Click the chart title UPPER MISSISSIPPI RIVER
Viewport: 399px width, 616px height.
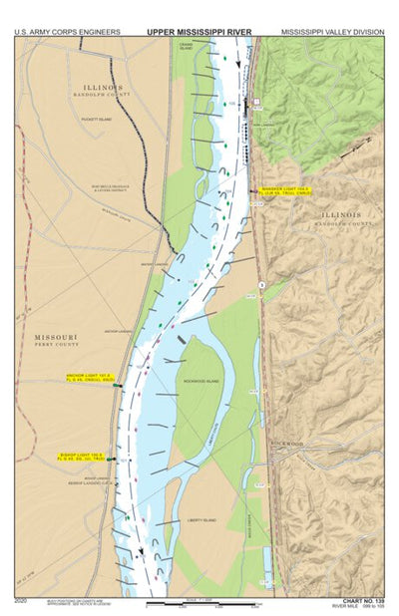coord(199,32)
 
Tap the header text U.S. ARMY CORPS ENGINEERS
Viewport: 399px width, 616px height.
coord(67,32)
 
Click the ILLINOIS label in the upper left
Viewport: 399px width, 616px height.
coord(104,88)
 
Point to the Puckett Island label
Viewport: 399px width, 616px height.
coord(97,121)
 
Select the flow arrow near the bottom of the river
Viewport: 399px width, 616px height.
coord(142,550)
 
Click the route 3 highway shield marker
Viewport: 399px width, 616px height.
coord(261,286)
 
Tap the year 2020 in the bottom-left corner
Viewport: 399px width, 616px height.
coord(22,601)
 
